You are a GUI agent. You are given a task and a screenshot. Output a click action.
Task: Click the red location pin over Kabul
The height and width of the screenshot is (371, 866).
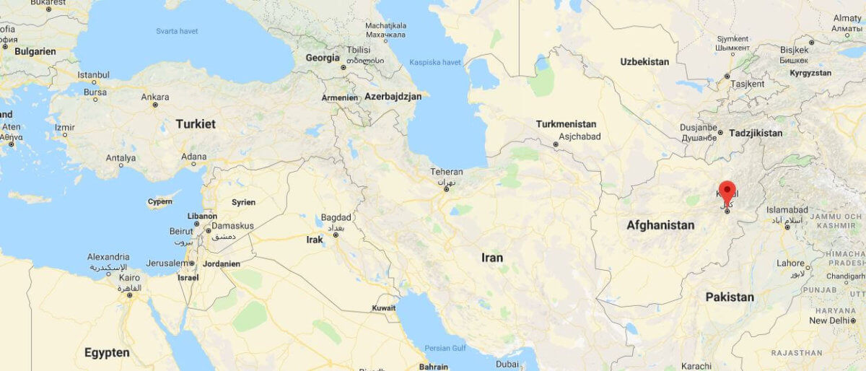[727, 191]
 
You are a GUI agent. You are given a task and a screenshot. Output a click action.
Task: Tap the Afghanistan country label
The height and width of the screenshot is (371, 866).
[660, 225]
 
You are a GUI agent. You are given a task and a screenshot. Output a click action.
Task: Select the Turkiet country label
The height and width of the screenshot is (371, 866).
[196, 124]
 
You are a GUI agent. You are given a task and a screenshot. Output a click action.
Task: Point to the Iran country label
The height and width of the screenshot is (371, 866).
[492, 258]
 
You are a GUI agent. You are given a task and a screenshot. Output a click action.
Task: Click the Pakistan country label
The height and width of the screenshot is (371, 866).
[730, 297]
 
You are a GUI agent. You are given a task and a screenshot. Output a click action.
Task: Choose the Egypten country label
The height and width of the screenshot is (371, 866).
[107, 353]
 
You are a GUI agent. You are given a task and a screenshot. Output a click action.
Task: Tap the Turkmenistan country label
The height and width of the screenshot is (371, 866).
[566, 124]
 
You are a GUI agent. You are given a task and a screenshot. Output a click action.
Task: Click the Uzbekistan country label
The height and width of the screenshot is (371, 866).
[644, 62]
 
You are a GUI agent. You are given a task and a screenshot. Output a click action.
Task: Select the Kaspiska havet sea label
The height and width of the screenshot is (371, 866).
[435, 63]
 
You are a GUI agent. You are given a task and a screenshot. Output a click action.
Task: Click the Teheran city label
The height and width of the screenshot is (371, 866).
[447, 172]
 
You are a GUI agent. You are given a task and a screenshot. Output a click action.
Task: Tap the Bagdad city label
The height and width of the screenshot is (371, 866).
[336, 217]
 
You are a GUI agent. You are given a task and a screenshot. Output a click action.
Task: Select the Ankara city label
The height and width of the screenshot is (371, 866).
[155, 97]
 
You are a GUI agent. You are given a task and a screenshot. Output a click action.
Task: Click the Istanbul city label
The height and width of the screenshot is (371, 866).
[93, 75]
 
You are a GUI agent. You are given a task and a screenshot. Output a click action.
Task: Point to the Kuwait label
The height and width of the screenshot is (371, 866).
[384, 308]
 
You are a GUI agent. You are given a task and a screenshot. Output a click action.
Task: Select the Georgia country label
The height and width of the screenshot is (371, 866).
[323, 58]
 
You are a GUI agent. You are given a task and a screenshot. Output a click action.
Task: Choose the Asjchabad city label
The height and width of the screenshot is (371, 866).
[579, 136]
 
